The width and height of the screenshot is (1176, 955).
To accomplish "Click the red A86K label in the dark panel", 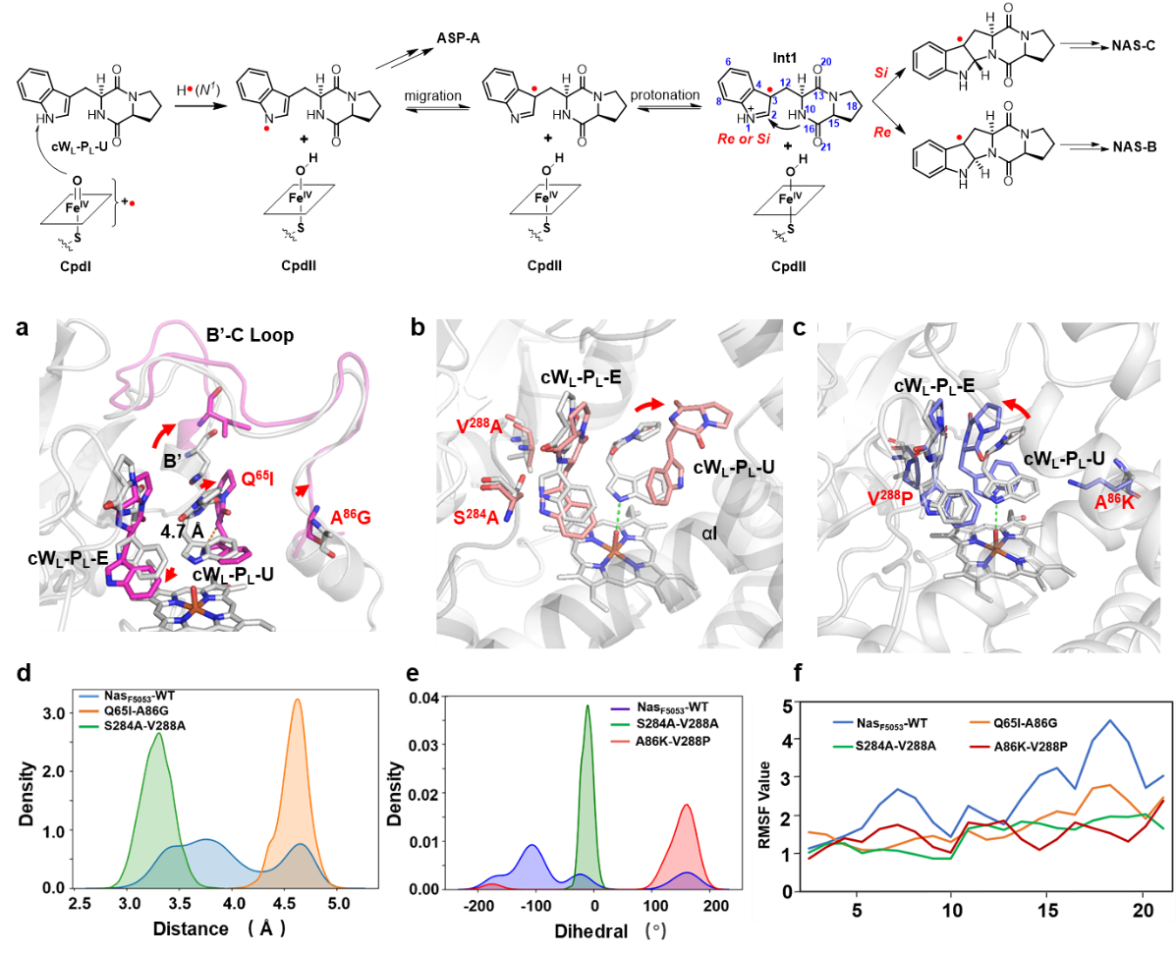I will (1114, 502).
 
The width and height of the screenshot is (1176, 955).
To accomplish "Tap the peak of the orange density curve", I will (297, 701).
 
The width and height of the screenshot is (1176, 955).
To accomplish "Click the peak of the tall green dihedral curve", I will (588, 705).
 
